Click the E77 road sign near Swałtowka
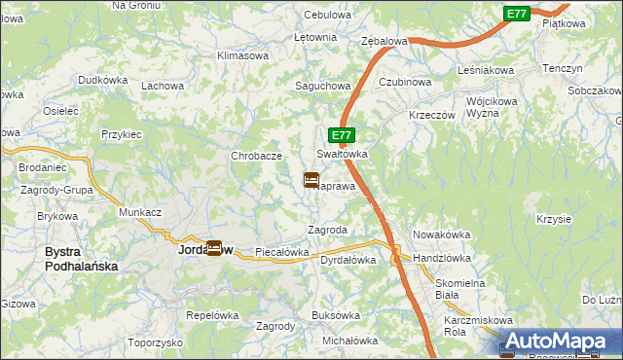(340, 136)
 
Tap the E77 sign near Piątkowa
(517, 13)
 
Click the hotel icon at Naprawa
(311, 180)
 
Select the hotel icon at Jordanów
(213, 248)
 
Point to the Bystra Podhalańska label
(82, 258)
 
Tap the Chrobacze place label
(256, 156)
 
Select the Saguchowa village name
(322, 86)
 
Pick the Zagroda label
(327, 230)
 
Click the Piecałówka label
(281, 252)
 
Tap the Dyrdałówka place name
(348, 260)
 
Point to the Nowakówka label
(442, 234)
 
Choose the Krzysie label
(553, 219)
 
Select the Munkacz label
(139, 211)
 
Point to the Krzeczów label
(433, 114)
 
